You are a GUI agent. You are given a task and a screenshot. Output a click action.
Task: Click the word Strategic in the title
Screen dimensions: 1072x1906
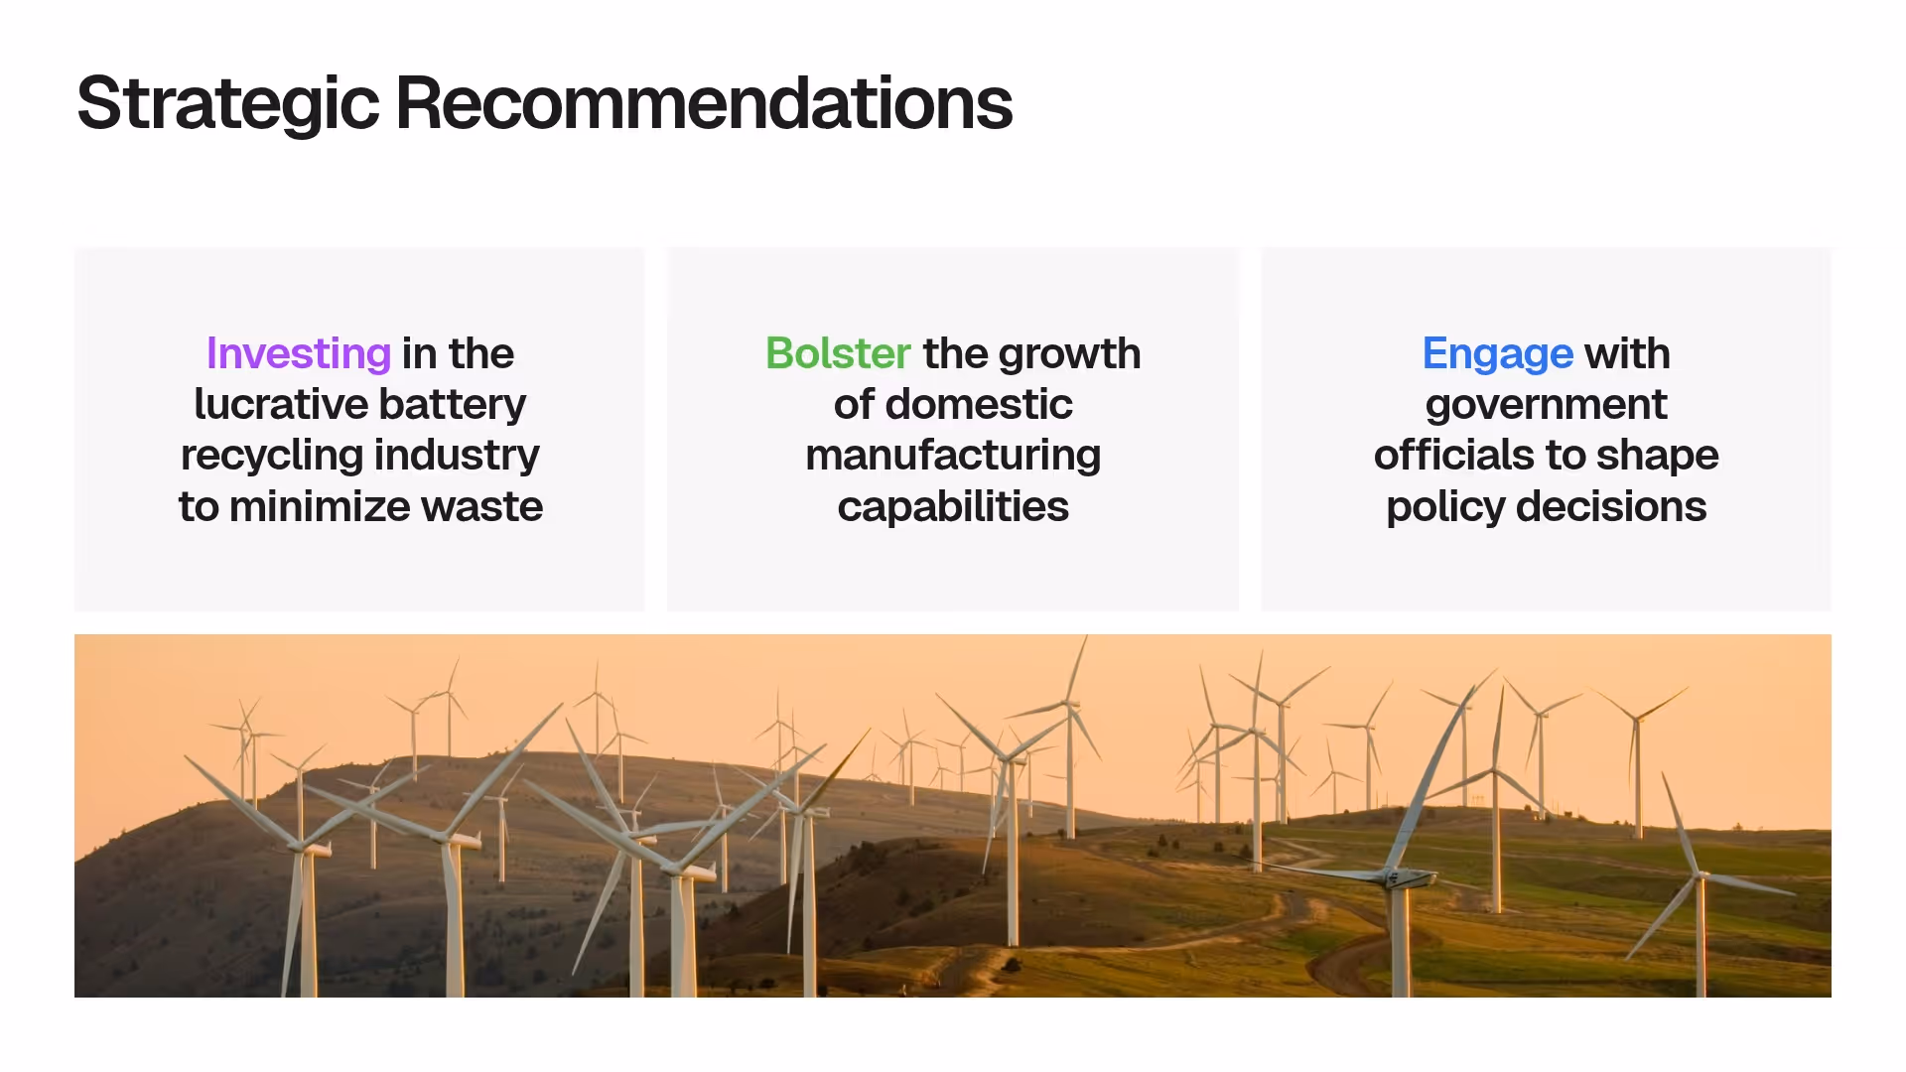click(227, 103)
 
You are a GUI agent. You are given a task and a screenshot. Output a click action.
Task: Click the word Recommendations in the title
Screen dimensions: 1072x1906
click(704, 103)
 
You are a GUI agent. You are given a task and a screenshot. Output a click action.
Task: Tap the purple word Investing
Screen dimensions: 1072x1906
click(298, 353)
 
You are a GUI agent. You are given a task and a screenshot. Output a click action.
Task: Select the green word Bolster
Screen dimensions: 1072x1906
click(838, 353)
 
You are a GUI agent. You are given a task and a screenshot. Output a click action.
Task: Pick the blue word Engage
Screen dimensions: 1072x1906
click(1497, 353)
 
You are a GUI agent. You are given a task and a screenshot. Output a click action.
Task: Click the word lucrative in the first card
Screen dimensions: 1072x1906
click(281, 404)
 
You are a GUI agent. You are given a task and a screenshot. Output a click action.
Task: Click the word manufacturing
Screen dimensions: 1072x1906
click(953, 456)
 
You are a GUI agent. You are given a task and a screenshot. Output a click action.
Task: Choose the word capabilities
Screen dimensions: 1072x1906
click(953, 506)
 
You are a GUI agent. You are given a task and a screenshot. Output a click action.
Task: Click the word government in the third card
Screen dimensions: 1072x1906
click(1546, 404)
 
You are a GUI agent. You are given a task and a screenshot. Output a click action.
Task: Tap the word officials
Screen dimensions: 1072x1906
click(1453, 456)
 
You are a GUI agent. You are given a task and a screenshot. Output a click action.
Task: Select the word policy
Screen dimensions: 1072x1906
click(1445, 506)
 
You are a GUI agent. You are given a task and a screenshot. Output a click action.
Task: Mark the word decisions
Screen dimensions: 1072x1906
click(1610, 506)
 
